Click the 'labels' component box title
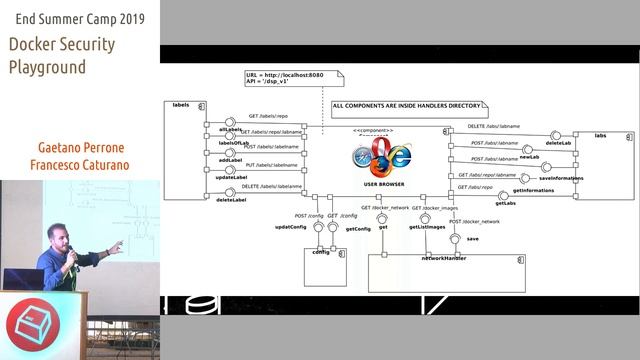click(x=181, y=105)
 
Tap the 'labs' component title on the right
click(x=600, y=135)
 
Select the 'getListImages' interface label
click(x=427, y=228)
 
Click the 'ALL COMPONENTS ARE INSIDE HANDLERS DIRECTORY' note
click(x=408, y=105)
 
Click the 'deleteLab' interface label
click(x=559, y=143)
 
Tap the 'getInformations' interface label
click(x=533, y=190)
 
